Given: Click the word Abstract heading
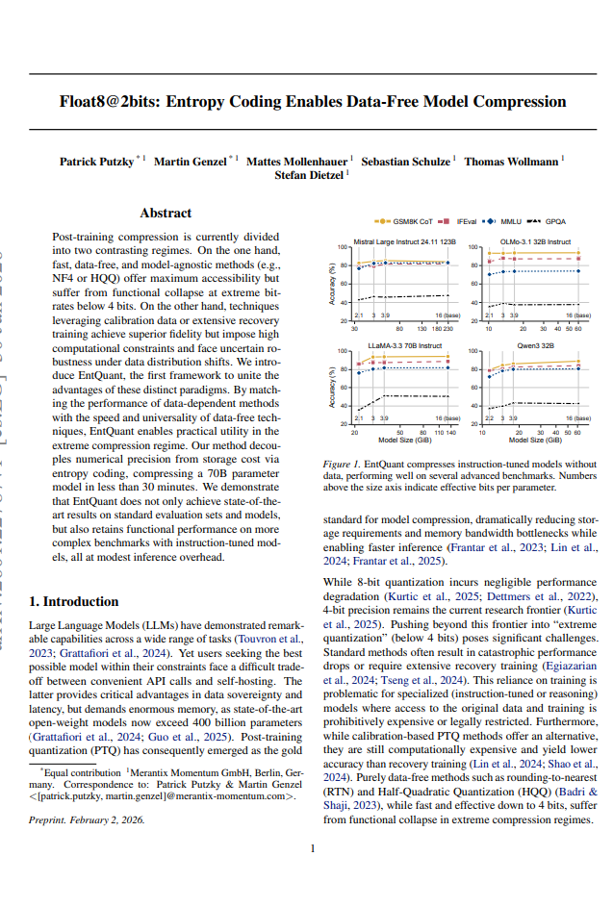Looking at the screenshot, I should (x=166, y=214).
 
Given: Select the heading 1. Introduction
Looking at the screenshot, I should (x=74, y=602).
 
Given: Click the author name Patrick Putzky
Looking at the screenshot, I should (x=96, y=162).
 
